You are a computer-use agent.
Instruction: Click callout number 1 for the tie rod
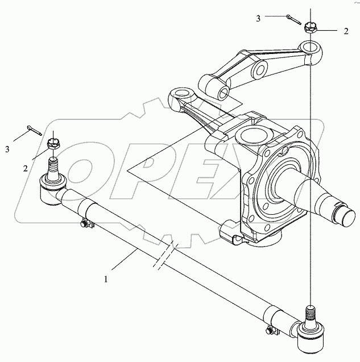(x=105, y=280)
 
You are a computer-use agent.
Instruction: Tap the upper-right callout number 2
(x=345, y=31)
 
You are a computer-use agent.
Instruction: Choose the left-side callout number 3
(x=8, y=149)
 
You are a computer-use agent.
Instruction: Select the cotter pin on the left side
(x=33, y=130)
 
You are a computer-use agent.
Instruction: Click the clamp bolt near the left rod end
(x=86, y=226)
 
